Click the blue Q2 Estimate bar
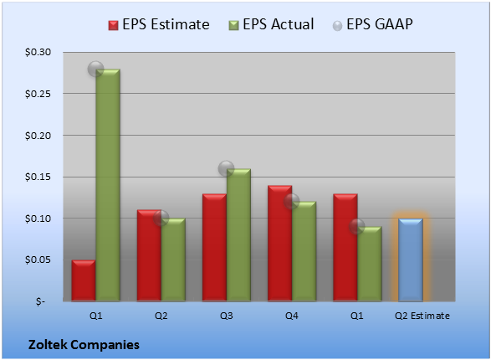coord(411,260)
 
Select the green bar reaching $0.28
coord(108,185)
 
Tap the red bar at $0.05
coord(84,280)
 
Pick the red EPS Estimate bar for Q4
coord(279,243)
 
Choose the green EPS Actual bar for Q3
coord(238,235)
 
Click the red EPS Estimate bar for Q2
coord(149,255)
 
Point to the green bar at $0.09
coord(370,264)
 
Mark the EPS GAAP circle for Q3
coord(226,168)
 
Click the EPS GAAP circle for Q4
coord(292,201)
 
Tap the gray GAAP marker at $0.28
coord(95,69)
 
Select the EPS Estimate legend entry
coord(159,24)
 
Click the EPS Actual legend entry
coord(271,24)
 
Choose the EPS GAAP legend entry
coord(372,24)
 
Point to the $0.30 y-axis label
coord(38,52)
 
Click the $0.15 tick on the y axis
coord(38,177)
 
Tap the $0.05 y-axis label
coord(38,260)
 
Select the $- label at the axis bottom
coord(40,301)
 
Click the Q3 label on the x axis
coord(226,316)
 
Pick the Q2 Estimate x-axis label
coord(422,316)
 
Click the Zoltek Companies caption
coord(84,345)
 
